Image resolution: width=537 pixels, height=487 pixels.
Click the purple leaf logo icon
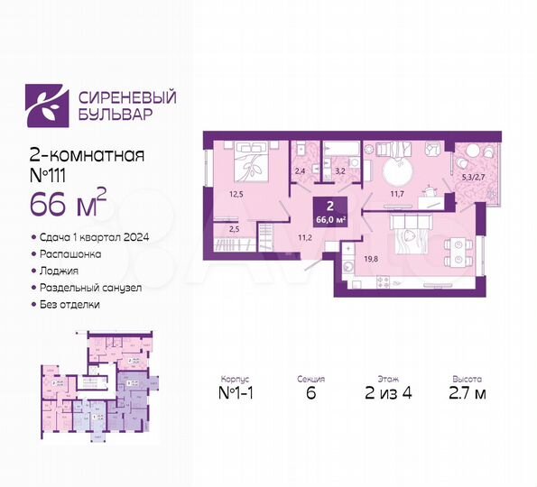click(x=43, y=104)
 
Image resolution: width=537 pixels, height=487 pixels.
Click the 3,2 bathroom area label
click(x=340, y=168)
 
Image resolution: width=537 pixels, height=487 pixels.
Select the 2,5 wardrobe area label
click(x=235, y=231)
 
